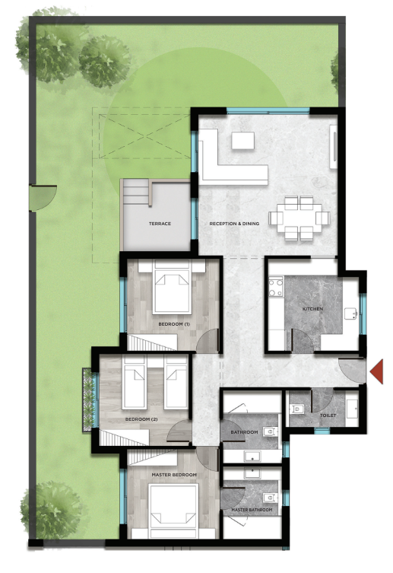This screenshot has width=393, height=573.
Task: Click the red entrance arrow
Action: pyautogui.click(x=378, y=371)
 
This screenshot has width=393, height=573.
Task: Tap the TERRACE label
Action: pyautogui.click(x=160, y=224)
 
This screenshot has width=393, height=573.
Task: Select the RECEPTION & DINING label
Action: pyautogui.click(x=234, y=224)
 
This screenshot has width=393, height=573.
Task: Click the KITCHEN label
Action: pyautogui.click(x=312, y=309)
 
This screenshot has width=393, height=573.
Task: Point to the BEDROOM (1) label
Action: pyautogui.click(x=174, y=324)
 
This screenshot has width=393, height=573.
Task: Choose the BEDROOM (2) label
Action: pyautogui.click(x=141, y=419)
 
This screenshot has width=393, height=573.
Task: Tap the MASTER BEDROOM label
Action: pyautogui.click(x=174, y=475)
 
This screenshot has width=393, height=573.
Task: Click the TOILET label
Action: pyautogui.click(x=328, y=415)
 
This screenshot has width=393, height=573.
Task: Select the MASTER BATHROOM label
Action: pyautogui.click(x=252, y=510)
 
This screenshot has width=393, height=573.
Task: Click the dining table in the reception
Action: pyautogui.click(x=300, y=218)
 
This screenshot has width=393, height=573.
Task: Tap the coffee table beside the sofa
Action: pyautogui.click(x=242, y=140)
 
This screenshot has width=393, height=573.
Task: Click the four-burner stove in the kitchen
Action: pyautogui.click(x=276, y=287)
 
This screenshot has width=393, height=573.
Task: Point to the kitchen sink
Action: pyautogui.click(x=350, y=314)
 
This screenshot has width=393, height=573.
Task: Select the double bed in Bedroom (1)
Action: pyautogui.click(x=173, y=287)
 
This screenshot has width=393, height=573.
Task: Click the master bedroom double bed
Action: pyautogui.click(x=173, y=511)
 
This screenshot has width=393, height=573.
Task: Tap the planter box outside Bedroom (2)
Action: pyautogui.click(x=88, y=400)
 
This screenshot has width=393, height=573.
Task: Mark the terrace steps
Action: pyautogui.click(x=135, y=192)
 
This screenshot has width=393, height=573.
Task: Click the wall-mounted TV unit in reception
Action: pyautogui.click(x=333, y=147)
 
